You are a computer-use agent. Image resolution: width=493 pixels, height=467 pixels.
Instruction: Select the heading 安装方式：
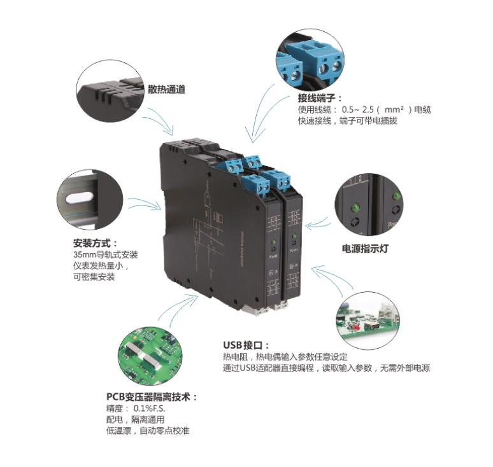pos(96,243)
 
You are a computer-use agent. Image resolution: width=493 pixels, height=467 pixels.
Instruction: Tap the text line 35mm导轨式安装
pos(106,254)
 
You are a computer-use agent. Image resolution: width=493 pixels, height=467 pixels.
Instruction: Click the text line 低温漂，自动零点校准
pos(147,431)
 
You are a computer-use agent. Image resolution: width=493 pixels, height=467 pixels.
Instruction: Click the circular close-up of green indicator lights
pos(368,206)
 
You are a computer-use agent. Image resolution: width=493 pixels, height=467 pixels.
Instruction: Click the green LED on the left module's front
pos(272,244)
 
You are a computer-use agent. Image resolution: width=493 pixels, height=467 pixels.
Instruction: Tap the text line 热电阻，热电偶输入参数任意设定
pos(285,356)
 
